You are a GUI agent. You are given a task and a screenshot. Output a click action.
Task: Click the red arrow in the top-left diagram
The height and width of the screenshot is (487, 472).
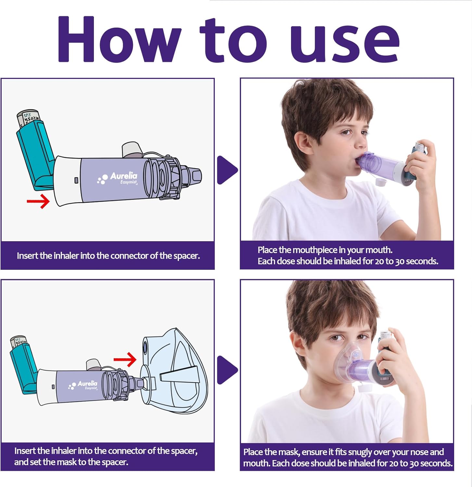point(38,201)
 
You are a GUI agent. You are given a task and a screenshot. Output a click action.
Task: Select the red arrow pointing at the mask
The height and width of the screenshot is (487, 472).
point(125,359)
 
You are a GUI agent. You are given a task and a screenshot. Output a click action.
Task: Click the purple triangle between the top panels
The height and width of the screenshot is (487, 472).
point(227,170)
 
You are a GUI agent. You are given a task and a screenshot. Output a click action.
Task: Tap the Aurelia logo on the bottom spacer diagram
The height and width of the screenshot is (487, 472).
point(83,385)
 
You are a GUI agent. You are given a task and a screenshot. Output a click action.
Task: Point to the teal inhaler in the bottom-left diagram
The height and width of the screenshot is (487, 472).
point(23,367)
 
